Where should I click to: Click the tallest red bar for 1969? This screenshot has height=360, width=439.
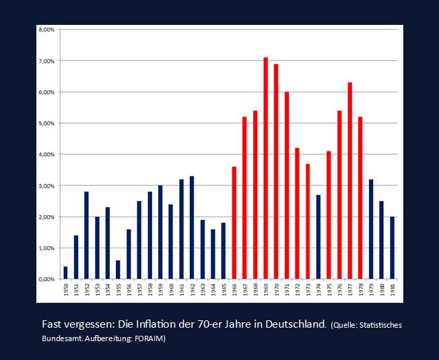265,168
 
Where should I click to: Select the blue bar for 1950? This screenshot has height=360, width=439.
65,273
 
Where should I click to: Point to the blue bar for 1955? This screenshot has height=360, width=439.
118,269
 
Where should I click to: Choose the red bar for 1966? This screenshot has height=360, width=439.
234,223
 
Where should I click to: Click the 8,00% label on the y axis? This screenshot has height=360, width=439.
46,30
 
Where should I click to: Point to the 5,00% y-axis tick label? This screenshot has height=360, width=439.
46,124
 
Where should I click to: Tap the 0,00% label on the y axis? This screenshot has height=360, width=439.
46,279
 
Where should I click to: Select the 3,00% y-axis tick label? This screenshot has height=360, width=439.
46,186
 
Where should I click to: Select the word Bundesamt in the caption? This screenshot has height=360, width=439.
65,338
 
